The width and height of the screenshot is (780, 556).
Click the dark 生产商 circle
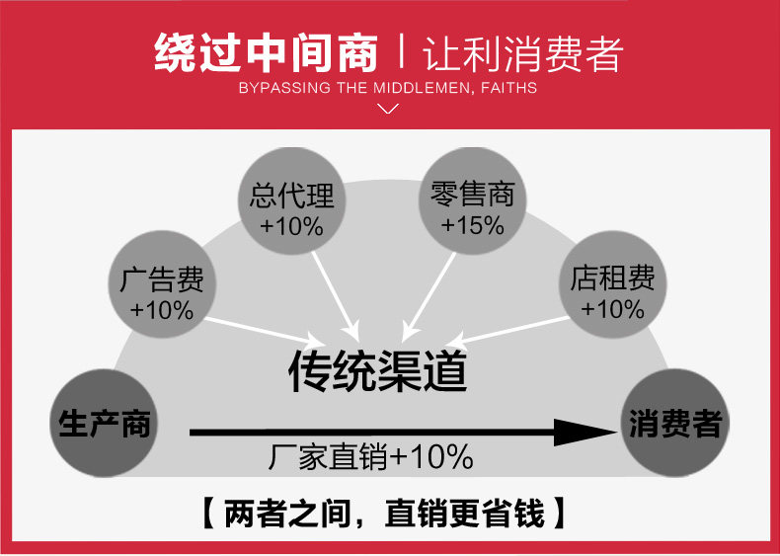click(105, 425)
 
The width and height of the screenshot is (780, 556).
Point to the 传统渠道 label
click(377, 370)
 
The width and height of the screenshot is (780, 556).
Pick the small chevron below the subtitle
click(389, 108)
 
